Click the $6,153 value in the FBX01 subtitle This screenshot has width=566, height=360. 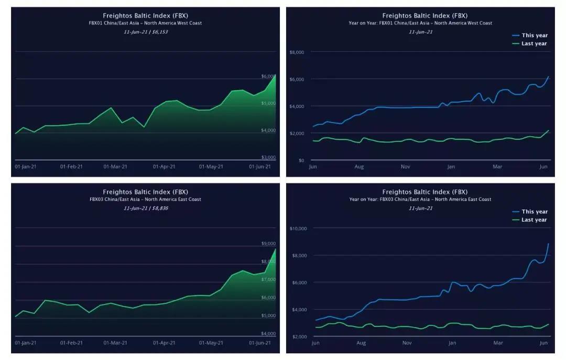(x=159, y=32)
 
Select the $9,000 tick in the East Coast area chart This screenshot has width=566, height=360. (x=268, y=244)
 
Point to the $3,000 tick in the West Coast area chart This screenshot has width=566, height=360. (x=268, y=157)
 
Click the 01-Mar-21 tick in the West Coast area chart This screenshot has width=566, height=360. (x=115, y=167)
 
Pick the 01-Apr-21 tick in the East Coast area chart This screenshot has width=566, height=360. (x=164, y=343)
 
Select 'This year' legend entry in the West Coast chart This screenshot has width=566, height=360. (x=534, y=35)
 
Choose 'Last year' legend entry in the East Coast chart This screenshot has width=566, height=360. (x=534, y=220)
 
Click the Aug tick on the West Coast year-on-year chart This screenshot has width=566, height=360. (x=359, y=167)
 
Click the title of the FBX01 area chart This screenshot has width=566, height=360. (x=145, y=16)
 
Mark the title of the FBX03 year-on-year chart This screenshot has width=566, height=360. (x=424, y=192)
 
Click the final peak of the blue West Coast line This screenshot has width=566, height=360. (x=548, y=77)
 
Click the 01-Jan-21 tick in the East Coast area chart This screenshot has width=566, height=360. (x=25, y=343)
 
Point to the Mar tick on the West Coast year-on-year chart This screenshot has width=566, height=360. (x=497, y=167)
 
